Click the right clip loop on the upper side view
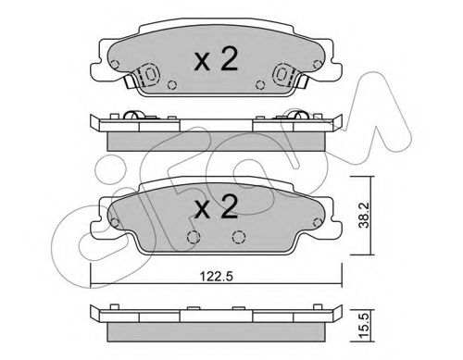tap(299, 116)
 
